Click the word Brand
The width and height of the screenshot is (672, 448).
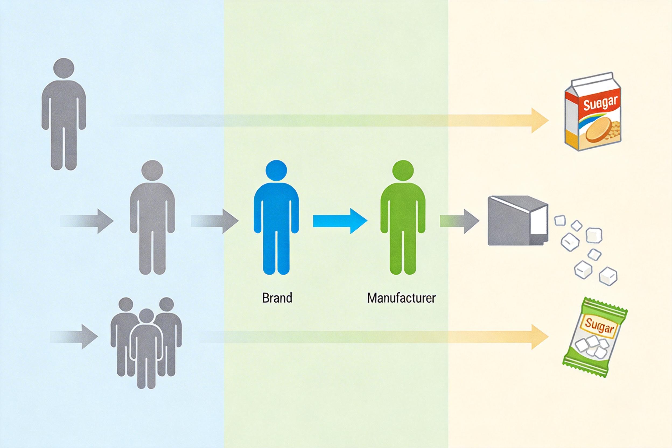(277, 298)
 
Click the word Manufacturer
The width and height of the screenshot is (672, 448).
(401, 298)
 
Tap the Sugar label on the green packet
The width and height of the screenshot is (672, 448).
(599, 327)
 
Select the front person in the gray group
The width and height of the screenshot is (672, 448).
(146, 351)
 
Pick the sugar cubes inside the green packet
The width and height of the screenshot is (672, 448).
(591, 347)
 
